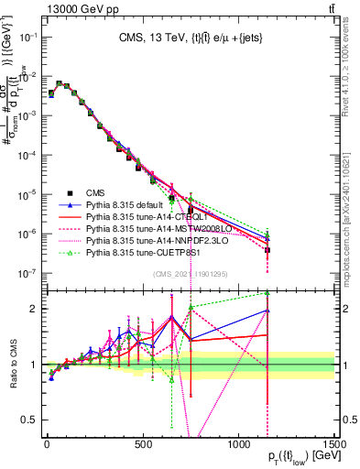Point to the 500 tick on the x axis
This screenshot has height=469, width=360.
click(142, 442)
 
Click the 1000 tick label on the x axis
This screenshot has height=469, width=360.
click(238, 442)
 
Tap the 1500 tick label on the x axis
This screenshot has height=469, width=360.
click(333, 442)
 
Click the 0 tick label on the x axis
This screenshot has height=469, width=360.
click(47, 442)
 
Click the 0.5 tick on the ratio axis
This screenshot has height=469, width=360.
click(34, 420)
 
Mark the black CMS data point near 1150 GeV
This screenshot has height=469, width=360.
click(267, 250)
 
